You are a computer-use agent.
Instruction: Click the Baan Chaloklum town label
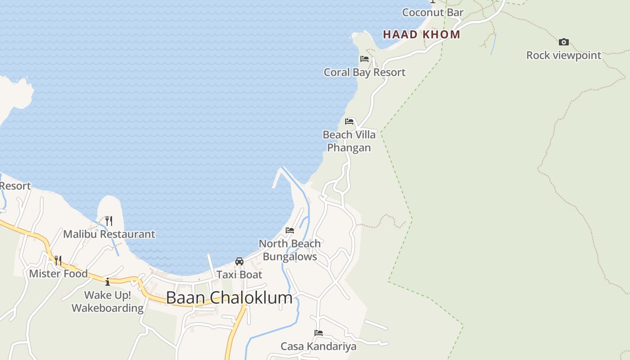click(229, 298)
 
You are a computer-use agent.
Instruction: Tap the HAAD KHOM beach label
click(422, 35)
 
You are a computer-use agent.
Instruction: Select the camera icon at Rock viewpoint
click(563, 42)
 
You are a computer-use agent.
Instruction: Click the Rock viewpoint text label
click(563, 55)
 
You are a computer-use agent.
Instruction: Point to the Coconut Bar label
click(432, 13)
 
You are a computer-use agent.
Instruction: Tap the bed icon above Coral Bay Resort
click(364, 59)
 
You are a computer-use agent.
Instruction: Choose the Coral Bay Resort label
click(364, 72)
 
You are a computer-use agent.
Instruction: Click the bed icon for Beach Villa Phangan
click(349, 121)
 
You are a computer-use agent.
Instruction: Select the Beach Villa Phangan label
click(349, 141)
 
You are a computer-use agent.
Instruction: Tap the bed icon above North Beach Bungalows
click(290, 230)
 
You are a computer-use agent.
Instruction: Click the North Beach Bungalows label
click(290, 250)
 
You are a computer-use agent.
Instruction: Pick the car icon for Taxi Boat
click(239, 261)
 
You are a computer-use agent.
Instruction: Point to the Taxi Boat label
click(239, 274)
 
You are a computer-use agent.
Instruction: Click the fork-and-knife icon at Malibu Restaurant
click(109, 220)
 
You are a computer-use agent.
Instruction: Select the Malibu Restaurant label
click(109, 234)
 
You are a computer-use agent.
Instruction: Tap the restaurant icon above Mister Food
click(58, 260)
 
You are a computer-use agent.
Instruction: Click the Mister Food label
click(58, 274)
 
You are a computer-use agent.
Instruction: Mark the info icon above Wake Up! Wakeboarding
click(108, 282)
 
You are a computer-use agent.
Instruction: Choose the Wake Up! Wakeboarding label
click(108, 301)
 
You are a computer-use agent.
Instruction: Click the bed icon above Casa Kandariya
click(319, 333)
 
